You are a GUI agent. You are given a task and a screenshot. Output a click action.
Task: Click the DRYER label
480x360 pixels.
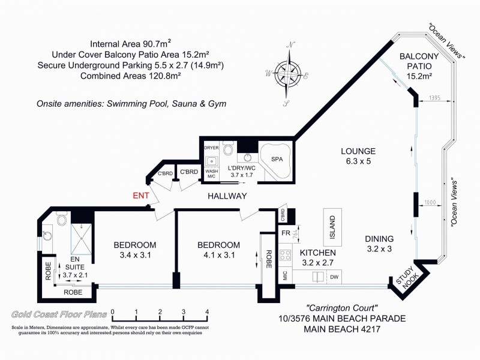coord(211,147)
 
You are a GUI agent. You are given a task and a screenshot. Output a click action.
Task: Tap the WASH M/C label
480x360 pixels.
coord(211,173)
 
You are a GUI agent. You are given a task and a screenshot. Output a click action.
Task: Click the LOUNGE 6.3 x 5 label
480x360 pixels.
coord(358,156)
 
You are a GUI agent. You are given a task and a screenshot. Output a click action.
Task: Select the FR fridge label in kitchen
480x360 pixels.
coord(286,233)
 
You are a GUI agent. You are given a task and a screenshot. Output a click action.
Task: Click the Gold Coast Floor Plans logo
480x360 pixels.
coord(59,314)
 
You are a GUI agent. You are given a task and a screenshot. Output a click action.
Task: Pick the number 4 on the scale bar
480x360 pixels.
coord(207,311)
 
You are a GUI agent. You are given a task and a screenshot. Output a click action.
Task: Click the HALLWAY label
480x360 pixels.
coord(227,196)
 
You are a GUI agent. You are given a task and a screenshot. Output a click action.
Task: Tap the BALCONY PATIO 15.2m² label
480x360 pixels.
coord(420,66)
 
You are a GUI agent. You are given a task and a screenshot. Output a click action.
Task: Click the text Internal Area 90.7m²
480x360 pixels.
coord(130,44)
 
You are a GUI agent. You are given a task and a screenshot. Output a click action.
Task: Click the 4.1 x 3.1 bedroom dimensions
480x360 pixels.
coord(218,254)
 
